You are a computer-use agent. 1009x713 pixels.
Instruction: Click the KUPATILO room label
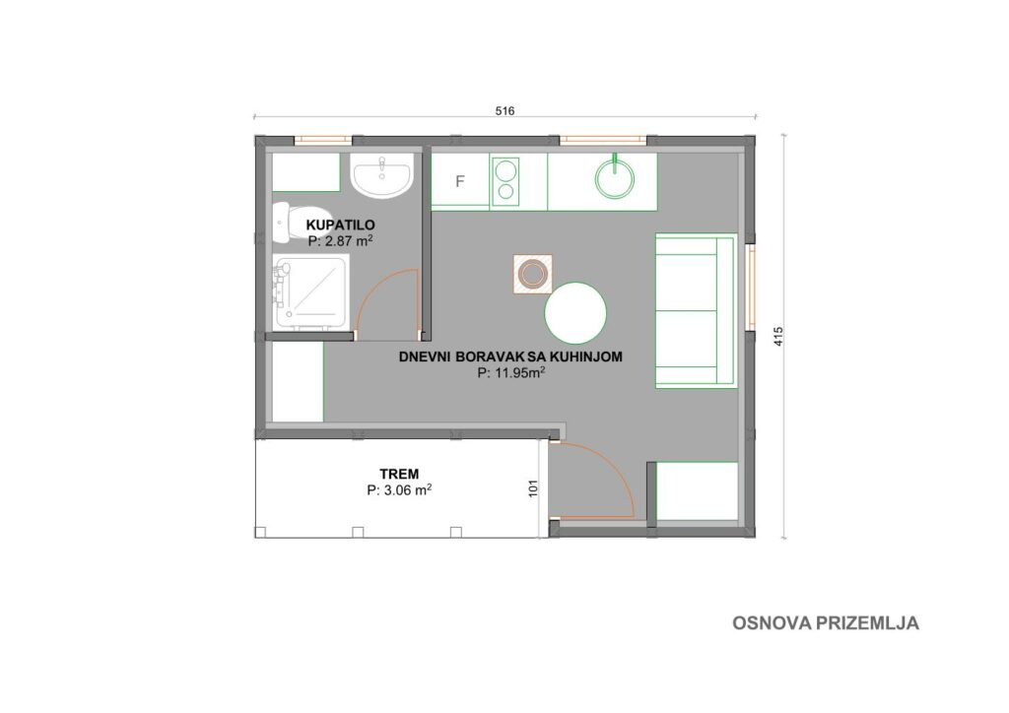tap(340, 225)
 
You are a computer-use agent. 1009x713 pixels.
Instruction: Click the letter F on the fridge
tap(459, 181)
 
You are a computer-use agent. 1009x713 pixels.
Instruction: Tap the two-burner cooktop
tap(505, 181)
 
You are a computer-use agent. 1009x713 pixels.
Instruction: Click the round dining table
tap(575, 313)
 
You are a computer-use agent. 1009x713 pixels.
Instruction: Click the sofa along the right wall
tap(696, 311)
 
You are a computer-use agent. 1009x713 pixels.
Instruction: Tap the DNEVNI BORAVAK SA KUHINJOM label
tap(511, 356)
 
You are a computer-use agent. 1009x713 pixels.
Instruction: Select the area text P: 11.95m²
tap(511, 372)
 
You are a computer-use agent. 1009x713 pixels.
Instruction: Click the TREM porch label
tap(399, 474)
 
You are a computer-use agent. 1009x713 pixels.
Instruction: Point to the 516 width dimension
tap(505, 110)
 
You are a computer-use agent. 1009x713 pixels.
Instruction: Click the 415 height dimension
tap(778, 337)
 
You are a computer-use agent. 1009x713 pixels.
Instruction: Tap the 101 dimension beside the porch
tap(533, 488)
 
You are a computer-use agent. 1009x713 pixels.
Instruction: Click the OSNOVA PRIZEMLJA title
tap(826, 623)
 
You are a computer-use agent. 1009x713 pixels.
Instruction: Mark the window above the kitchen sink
tap(603, 140)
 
